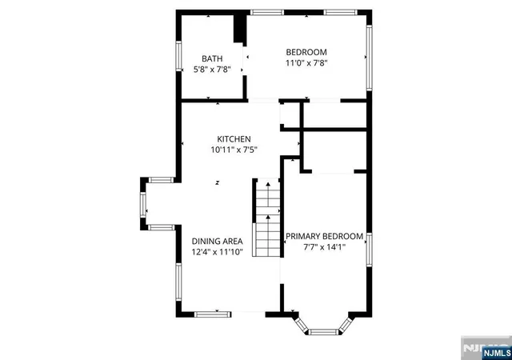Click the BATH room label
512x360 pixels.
(x=212, y=58)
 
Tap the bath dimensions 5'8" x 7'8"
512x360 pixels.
(x=212, y=70)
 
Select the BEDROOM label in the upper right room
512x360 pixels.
(x=306, y=52)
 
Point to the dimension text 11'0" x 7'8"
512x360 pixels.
(x=306, y=63)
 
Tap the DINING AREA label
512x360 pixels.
(x=217, y=241)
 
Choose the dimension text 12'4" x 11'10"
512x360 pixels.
(x=217, y=252)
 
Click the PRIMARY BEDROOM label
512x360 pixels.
(x=325, y=236)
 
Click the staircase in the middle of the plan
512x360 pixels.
(x=266, y=218)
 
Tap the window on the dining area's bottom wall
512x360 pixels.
(x=213, y=312)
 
